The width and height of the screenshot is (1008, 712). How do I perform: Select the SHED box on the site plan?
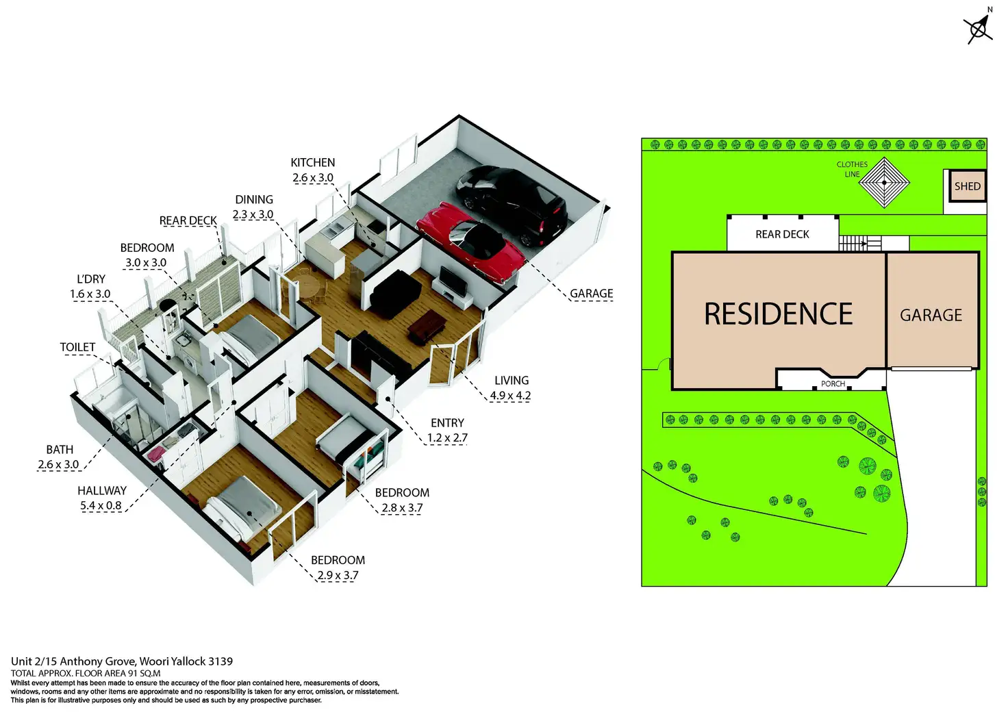coord(967,186)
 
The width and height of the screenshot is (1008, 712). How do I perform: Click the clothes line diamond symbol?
coord(884,183)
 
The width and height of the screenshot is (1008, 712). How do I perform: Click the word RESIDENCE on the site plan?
coord(779,315)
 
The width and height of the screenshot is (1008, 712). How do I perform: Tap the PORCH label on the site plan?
coord(833,384)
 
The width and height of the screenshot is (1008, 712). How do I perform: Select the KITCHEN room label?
coord(313,163)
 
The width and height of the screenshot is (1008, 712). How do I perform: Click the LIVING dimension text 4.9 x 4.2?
coord(510,396)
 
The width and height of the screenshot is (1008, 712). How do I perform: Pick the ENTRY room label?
coord(447,423)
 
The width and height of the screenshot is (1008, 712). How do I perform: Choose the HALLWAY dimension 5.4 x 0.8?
coord(101,506)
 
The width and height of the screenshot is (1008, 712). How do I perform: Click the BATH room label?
coord(60,450)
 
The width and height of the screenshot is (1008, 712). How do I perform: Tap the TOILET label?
coord(77,347)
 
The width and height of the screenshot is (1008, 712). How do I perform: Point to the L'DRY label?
coord(91,279)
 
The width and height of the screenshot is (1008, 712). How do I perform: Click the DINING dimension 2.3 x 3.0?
coord(253,215)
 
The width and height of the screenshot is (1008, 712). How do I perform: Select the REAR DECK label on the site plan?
coord(782,234)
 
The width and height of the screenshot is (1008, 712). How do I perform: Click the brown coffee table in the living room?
coord(427,327)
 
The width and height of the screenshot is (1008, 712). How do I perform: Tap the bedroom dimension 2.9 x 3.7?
coord(338,576)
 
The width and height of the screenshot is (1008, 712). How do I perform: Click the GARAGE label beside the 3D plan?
coord(592,294)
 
